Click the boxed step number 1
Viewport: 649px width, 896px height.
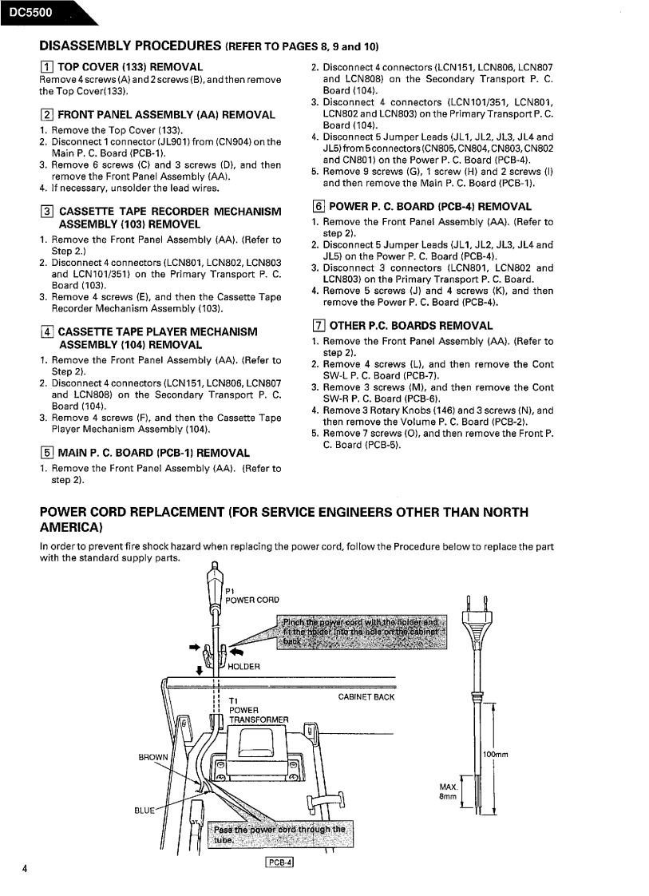(x=46, y=67)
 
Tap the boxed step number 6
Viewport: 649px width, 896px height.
(x=317, y=207)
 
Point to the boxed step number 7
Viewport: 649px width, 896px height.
(x=317, y=326)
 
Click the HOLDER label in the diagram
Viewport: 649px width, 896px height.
(x=243, y=667)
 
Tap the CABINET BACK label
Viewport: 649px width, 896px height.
(x=366, y=697)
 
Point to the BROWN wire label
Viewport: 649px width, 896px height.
(x=154, y=757)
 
